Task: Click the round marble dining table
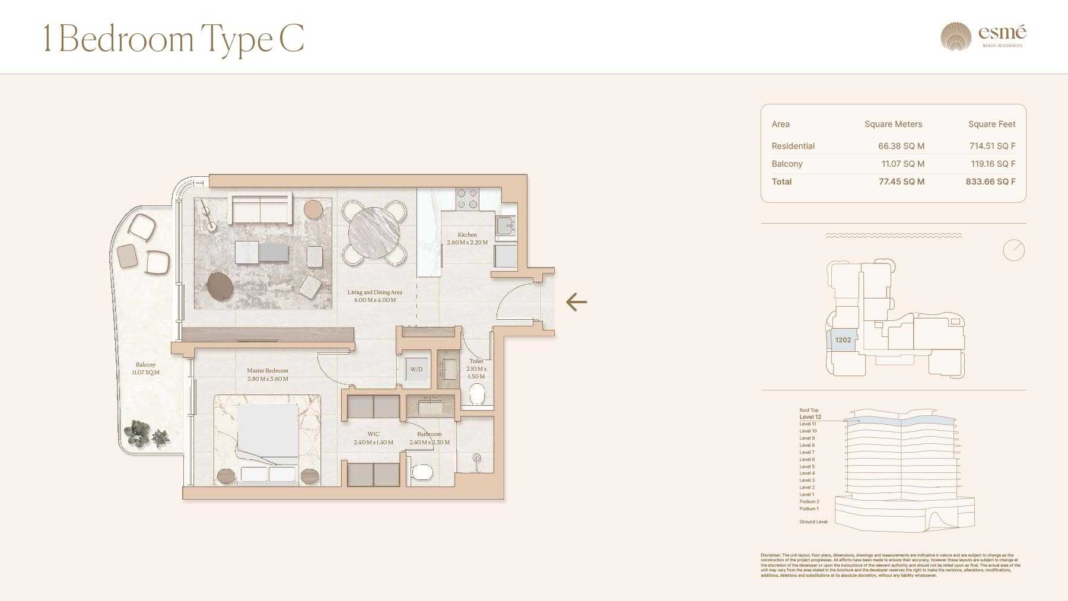pos(374,232)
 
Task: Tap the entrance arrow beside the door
pos(576,302)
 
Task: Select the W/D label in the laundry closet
pos(417,370)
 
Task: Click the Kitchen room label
pos(467,235)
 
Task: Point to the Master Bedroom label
pos(268,371)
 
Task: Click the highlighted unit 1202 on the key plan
pos(843,340)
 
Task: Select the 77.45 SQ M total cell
pos(901,182)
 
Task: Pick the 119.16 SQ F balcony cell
pos(993,164)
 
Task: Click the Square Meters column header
pos(893,124)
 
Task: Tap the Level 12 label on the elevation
pos(810,417)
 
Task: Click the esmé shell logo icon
pos(955,37)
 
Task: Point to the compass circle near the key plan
pos(1013,250)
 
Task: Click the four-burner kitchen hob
pos(467,199)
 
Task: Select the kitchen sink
pos(506,226)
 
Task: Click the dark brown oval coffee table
pos(220,286)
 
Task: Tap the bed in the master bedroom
pos(268,436)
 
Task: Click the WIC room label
pos(373,434)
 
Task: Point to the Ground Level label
pos(813,522)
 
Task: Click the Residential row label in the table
pos(793,146)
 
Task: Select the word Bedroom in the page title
pos(126,39)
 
